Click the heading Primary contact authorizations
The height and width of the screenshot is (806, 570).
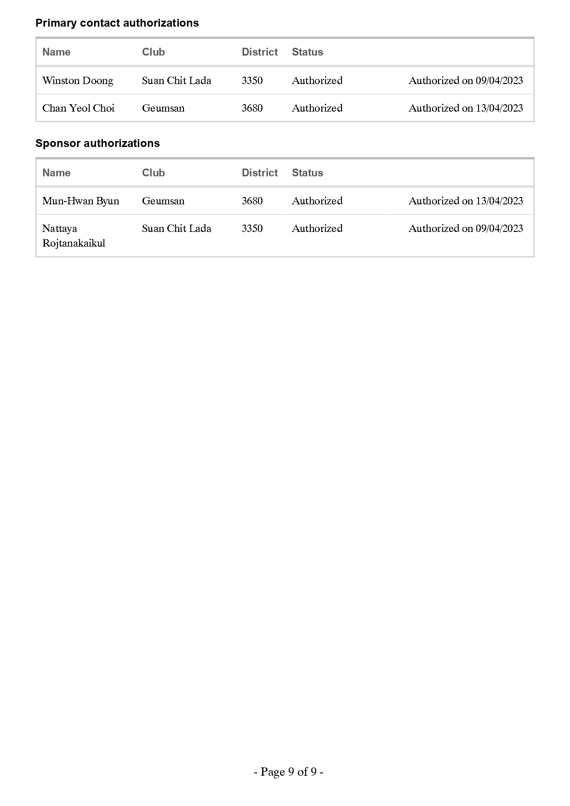pyautogui.click(x=117, y=23)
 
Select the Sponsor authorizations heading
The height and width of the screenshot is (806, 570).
pyautogui.click(x=97, y=143)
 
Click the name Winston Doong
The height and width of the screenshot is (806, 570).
pyautogui.click(x=78, y=81)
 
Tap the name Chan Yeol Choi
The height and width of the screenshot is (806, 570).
pyautogui.click(x=78, y=108)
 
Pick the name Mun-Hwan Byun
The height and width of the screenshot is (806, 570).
pyautogui.click(x=80, y=201)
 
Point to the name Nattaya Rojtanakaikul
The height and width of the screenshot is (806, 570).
pyautogui.click(x=74, y=236)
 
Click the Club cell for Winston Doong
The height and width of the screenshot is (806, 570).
pyautogui.click(x=177, y=81)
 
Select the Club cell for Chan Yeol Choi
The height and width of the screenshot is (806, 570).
pyautogui.click(x=163, y=108)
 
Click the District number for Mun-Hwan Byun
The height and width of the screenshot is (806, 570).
pyautogui.click(x=252, y=201)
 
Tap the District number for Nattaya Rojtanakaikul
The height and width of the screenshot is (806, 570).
pyautogui.click(x=252, y=229)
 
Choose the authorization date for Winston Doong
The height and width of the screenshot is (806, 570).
pyautogui.click(x=466, y=81)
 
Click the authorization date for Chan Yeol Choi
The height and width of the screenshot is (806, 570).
pyautogui.click(x=466, y=108)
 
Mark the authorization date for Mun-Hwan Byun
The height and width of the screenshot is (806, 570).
pyautogui.click(x=466, y=201)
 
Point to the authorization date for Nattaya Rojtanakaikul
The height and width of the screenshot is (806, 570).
pyautogui.click(x=466, y=229)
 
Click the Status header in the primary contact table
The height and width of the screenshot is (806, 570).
pyautogui.click(x=307, y=52)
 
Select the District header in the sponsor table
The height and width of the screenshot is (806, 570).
pyautogui.click(x=260, y=173)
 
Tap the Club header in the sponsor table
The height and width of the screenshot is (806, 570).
pyautogui.click(x=153, y=173)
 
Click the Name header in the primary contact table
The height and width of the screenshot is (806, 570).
pyautogui.click(x=56, y=52)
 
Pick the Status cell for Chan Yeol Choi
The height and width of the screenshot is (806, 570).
pyautogui.click(x=317, y=108)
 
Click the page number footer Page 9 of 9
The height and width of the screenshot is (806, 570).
pyautogui.click(x=288, y=772)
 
